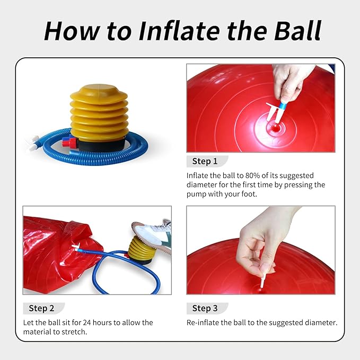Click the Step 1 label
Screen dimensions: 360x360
(x=205, y=161)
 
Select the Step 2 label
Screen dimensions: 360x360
(x=41, y=308)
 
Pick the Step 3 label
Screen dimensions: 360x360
(x=205, y=308)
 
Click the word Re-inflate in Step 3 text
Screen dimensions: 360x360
(x=204, y=322)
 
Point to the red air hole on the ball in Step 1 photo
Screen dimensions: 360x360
(x=274, y=127)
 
